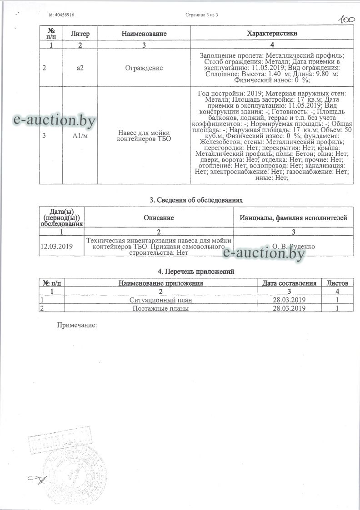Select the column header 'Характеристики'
click(272, 34)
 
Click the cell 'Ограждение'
click(144, 68)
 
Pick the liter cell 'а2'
click(80, 68)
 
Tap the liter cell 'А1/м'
click(80, 135)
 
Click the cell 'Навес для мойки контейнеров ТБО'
click(144, 135)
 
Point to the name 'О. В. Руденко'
click(293, 246)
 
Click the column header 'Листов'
click(338, 283)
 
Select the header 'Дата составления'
click(289, 283)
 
